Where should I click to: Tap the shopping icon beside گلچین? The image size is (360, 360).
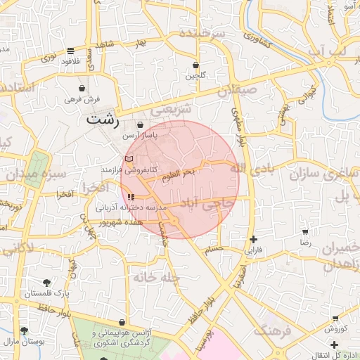point(195,65)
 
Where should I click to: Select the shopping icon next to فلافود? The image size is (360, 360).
point(70,51)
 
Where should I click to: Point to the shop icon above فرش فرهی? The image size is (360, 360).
point(84,89)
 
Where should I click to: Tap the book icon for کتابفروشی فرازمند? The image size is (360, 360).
point(128,160)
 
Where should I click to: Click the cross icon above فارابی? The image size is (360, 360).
point(253,239)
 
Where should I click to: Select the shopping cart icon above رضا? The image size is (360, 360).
point(305,231)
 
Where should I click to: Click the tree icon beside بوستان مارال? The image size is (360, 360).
point(25,330)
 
